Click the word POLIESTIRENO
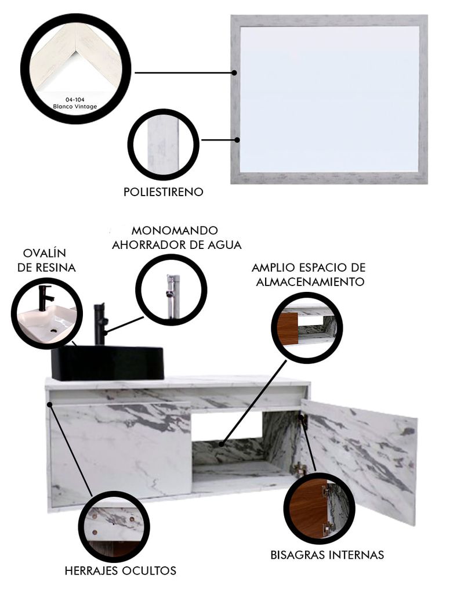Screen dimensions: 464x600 pos(164,191)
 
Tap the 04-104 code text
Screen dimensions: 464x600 pos(75,99)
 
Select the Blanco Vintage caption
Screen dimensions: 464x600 pos(75,106)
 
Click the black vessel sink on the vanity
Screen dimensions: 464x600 pos(107,363)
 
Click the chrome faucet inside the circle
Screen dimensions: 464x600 pos(172,296)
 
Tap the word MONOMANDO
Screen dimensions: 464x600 pos(175,231)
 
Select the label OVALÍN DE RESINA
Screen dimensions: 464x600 pos(46,260)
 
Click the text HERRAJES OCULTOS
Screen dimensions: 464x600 pos(121,571)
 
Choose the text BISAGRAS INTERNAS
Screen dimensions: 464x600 pos(327,555)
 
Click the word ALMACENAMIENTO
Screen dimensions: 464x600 pos(310,282)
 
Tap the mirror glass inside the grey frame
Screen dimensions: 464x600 pos(329,99)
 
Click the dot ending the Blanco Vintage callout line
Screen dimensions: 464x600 pos(234,73)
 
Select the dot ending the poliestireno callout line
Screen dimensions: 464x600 pos(237,140)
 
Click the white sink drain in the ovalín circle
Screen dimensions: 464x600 pos(53,330)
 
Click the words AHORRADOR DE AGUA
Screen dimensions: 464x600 pos(177,245)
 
